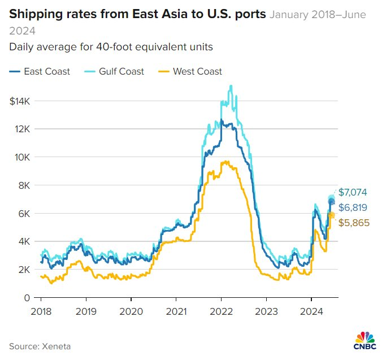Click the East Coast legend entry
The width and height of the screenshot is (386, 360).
40,71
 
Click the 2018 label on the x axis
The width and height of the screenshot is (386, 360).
41,311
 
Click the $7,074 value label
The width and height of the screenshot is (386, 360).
353,192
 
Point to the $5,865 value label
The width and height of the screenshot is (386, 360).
353,223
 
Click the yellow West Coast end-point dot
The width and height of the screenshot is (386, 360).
332,215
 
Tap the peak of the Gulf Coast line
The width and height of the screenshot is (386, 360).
231,86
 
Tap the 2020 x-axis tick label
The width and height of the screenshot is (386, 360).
131,311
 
